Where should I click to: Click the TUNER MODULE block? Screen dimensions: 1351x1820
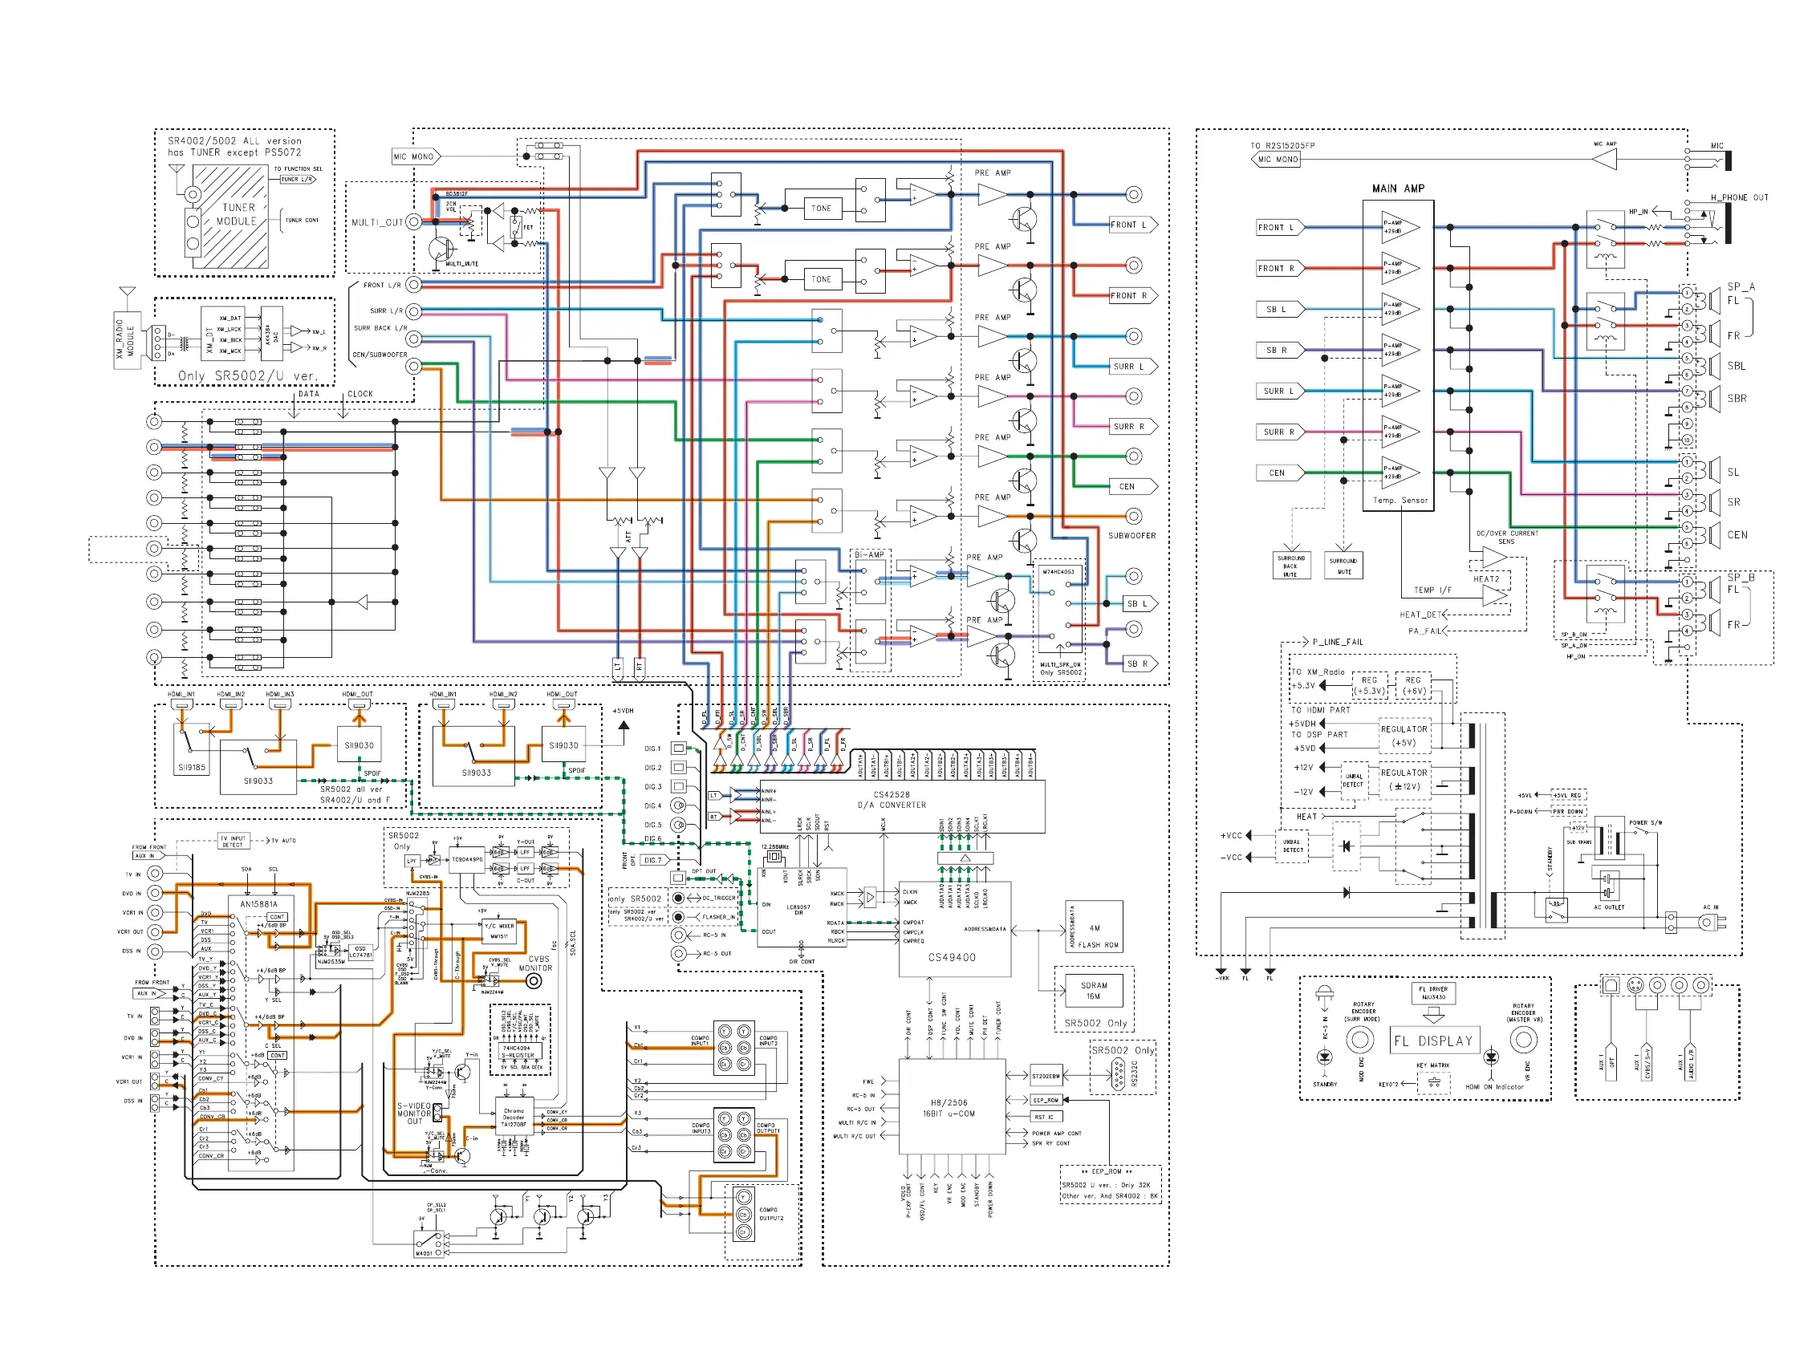pos(237,215)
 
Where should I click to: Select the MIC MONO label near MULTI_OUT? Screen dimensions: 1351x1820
pos(414,156)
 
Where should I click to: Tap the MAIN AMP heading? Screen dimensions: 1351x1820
pos(1397,189)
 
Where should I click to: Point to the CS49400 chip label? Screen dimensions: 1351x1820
pos(951,957)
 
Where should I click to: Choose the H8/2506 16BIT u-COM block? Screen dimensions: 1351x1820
pos(951,1108)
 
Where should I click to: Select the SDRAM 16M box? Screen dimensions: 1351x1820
pos(1094,990)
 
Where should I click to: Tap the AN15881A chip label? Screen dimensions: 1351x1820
pos(258,904)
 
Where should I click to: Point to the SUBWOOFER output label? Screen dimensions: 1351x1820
pos(1131,536)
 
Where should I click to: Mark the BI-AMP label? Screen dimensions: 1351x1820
pos(869,554)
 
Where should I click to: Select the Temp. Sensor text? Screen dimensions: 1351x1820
pos(1400,500)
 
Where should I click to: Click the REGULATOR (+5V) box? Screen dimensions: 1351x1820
pos(1404,736)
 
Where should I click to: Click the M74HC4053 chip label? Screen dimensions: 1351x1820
pos(1058,572)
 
